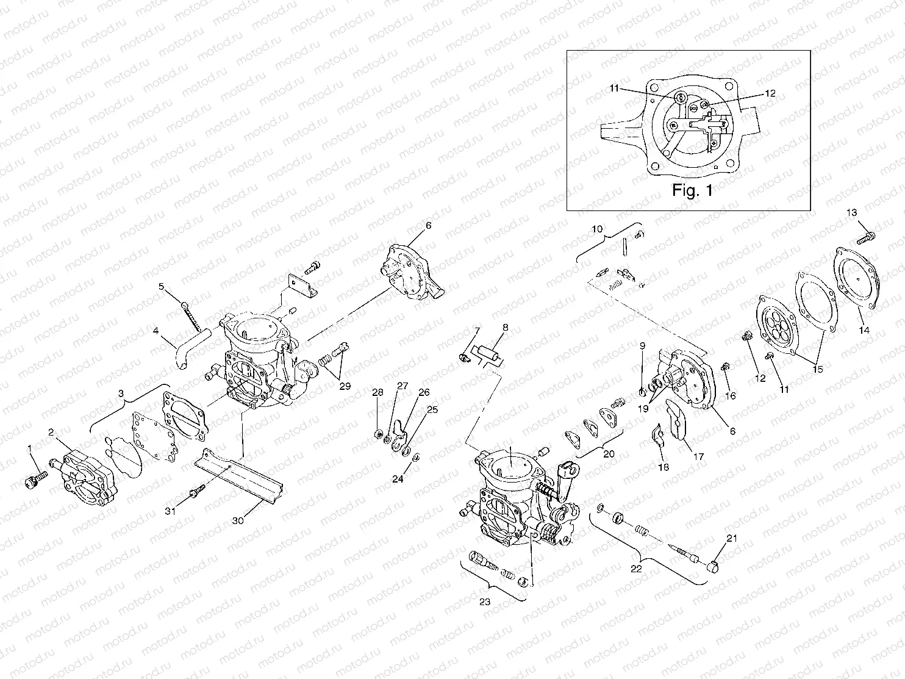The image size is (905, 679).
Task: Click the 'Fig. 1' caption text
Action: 692,190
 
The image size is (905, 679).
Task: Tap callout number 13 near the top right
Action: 852,212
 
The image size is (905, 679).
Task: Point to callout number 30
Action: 239,520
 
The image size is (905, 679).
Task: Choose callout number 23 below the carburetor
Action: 484,601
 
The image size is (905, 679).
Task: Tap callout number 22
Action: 635,569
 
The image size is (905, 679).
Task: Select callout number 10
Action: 598,229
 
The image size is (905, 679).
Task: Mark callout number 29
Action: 345,386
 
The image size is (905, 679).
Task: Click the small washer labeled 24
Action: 415,458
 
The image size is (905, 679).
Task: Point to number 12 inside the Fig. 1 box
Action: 770,94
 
